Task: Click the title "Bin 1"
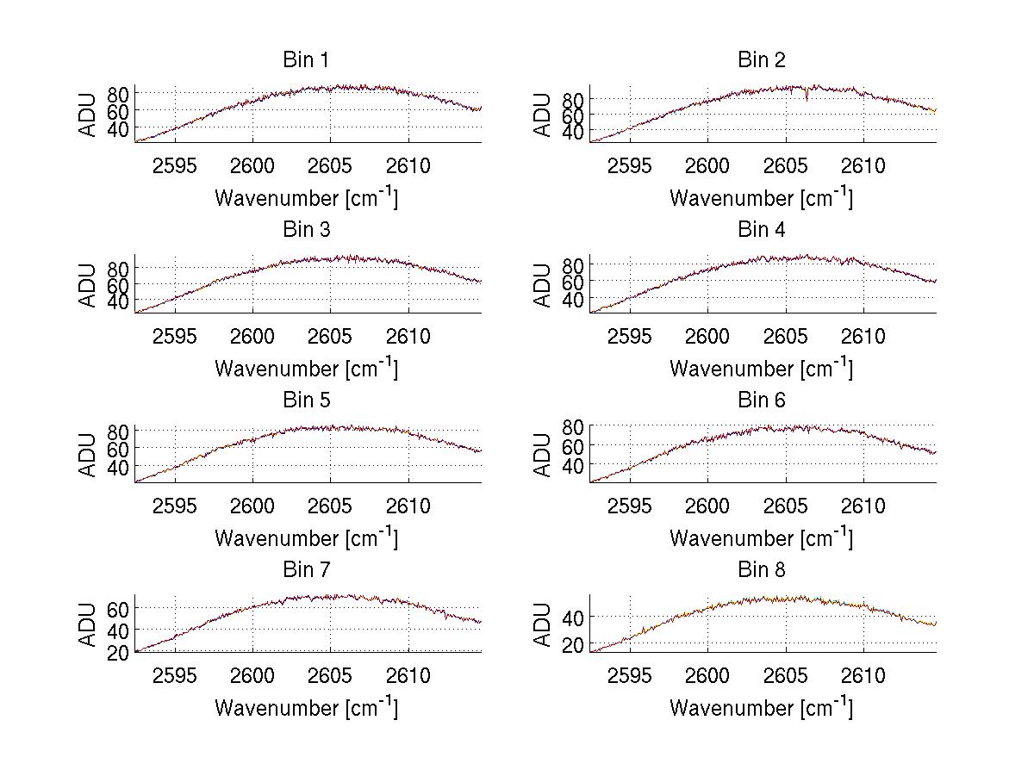[x=306, y=60]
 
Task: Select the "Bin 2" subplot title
[x=761, y=60]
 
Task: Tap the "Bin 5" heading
[x=306, y=400]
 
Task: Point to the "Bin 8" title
[x=761, y=570]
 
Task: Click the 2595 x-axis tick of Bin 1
[x=176, y=165]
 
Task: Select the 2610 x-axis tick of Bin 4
[x=863, y=336]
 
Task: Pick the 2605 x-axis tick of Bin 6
[x=785, y=506]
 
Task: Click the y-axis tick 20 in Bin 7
[x=118, y=653]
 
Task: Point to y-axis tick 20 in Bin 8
[x=573, y=644]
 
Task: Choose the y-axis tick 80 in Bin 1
[x=118, y=93]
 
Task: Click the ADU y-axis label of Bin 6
[x=543, y=454]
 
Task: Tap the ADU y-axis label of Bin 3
[x=88, y=284]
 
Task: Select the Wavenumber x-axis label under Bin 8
[x=761, y=708]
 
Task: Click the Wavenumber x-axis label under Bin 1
[x=306, y=198]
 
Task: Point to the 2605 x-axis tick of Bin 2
[x=785, y=165]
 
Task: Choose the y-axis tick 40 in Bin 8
[x=573, y=617]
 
